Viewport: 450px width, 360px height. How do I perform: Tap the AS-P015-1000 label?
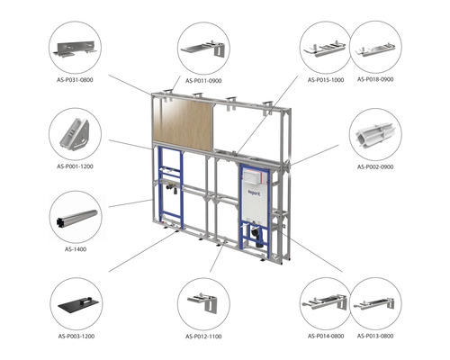(x=327, y=79)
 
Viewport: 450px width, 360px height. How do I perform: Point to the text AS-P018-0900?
(x=376, y=79)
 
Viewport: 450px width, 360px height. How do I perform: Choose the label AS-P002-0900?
(x=375, y=166)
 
